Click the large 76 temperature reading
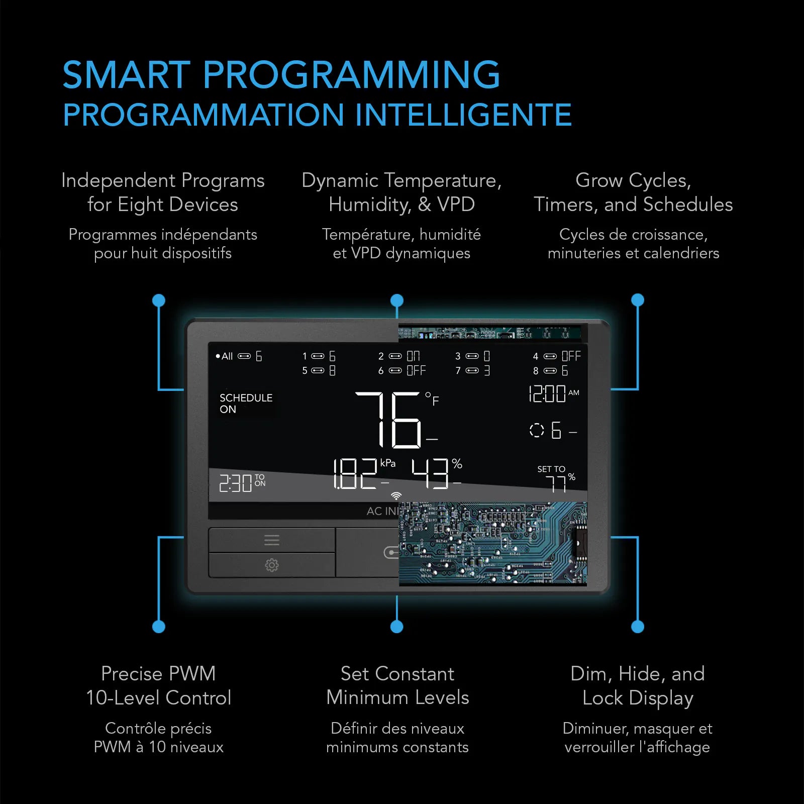[388, 420]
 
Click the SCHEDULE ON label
[246, 403]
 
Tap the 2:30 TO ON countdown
[242, 483]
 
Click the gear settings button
[272, 565]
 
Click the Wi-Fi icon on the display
[396, 496]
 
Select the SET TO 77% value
[556, 478]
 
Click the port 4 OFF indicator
[557, 356]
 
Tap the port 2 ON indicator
[399, 356]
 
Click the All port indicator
[239, 356]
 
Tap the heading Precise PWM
[158, 673]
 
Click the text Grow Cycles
[633, 180]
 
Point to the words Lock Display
[638, 698]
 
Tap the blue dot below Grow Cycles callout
[638, 300]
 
